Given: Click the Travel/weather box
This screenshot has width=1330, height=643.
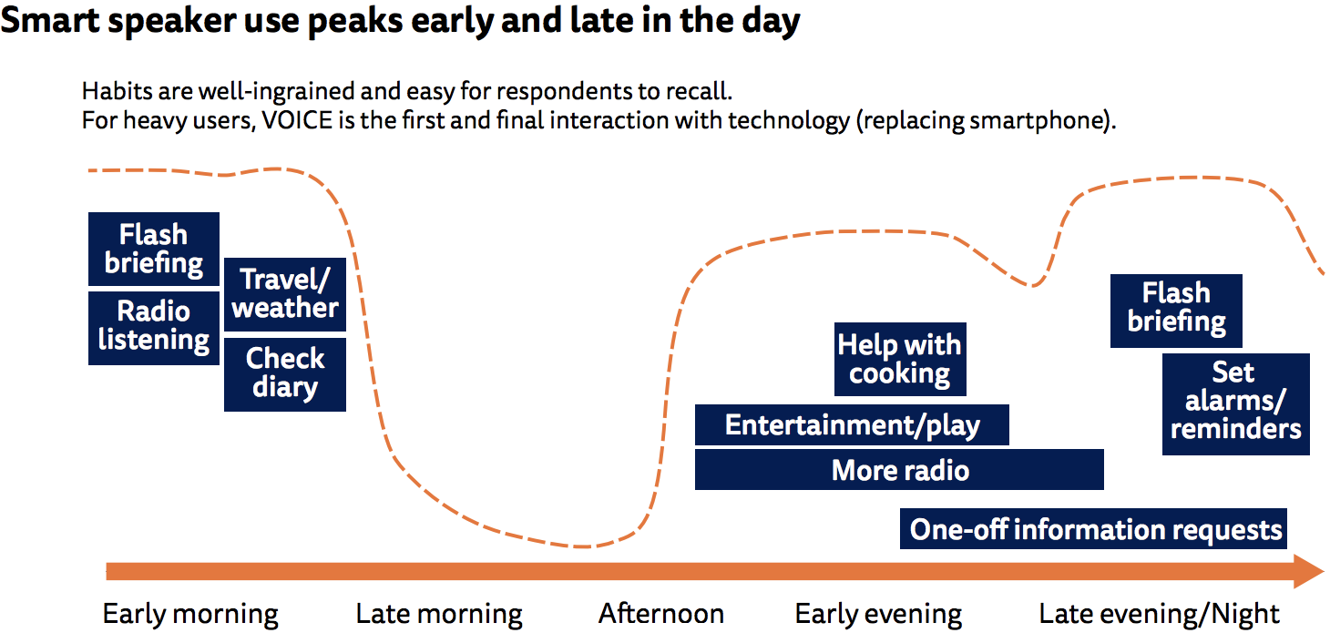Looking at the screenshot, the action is tap(285, 294).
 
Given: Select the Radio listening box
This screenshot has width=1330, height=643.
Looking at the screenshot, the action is tap(154, 328).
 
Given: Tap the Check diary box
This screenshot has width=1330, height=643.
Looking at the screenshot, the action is tap(285, 374).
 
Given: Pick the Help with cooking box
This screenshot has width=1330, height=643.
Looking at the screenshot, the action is tap(900, 359).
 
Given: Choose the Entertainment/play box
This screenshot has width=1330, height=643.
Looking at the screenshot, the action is tap(852, 425).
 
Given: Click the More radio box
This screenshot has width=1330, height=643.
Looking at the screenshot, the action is tap(899, 470).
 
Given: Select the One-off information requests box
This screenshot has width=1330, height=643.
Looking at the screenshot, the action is tap(1094, 528).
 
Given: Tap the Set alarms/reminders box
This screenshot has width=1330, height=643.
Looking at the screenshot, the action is tap(1236, 404).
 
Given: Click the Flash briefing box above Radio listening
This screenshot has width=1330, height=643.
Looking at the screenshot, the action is tap(154, 250).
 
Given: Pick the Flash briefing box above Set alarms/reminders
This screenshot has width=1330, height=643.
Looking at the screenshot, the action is tap(1176, 311).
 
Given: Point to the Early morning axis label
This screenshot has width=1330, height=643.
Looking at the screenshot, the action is tap(190, 614).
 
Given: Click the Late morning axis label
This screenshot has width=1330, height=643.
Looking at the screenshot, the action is tap(439, 614).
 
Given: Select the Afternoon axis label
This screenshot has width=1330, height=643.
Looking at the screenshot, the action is tap(660, 613).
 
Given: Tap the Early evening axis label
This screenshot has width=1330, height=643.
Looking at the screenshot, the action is tap(879, 614).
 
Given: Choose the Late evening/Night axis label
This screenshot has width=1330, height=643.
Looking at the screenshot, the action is tap(1159, 614).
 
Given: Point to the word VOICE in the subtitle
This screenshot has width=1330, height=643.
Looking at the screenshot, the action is tap(298, 120).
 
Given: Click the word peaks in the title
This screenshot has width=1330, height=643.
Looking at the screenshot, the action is tap(355, 21).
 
